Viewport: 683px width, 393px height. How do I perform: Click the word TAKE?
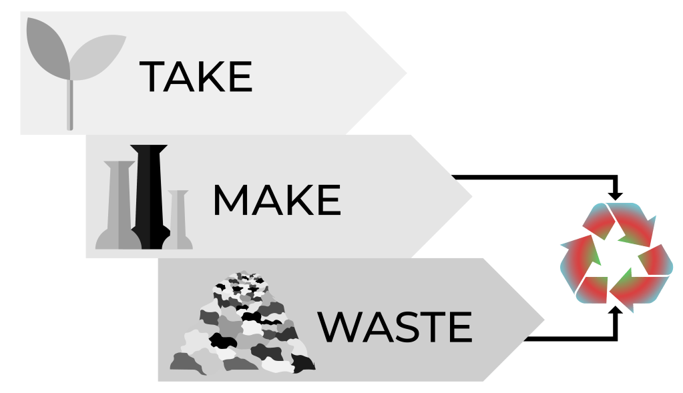pyautogui.click(x=196, y=76)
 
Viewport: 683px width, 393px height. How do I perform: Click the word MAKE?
pyautogui.click(x=276, y=200)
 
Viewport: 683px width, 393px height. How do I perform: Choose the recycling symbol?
pyautogui.click(x=616, y=258)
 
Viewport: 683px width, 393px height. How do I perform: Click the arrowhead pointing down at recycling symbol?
pyautogui.click(x=616, y=194)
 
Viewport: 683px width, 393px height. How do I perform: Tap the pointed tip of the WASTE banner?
pyautogui.click(x=542, y=319)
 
